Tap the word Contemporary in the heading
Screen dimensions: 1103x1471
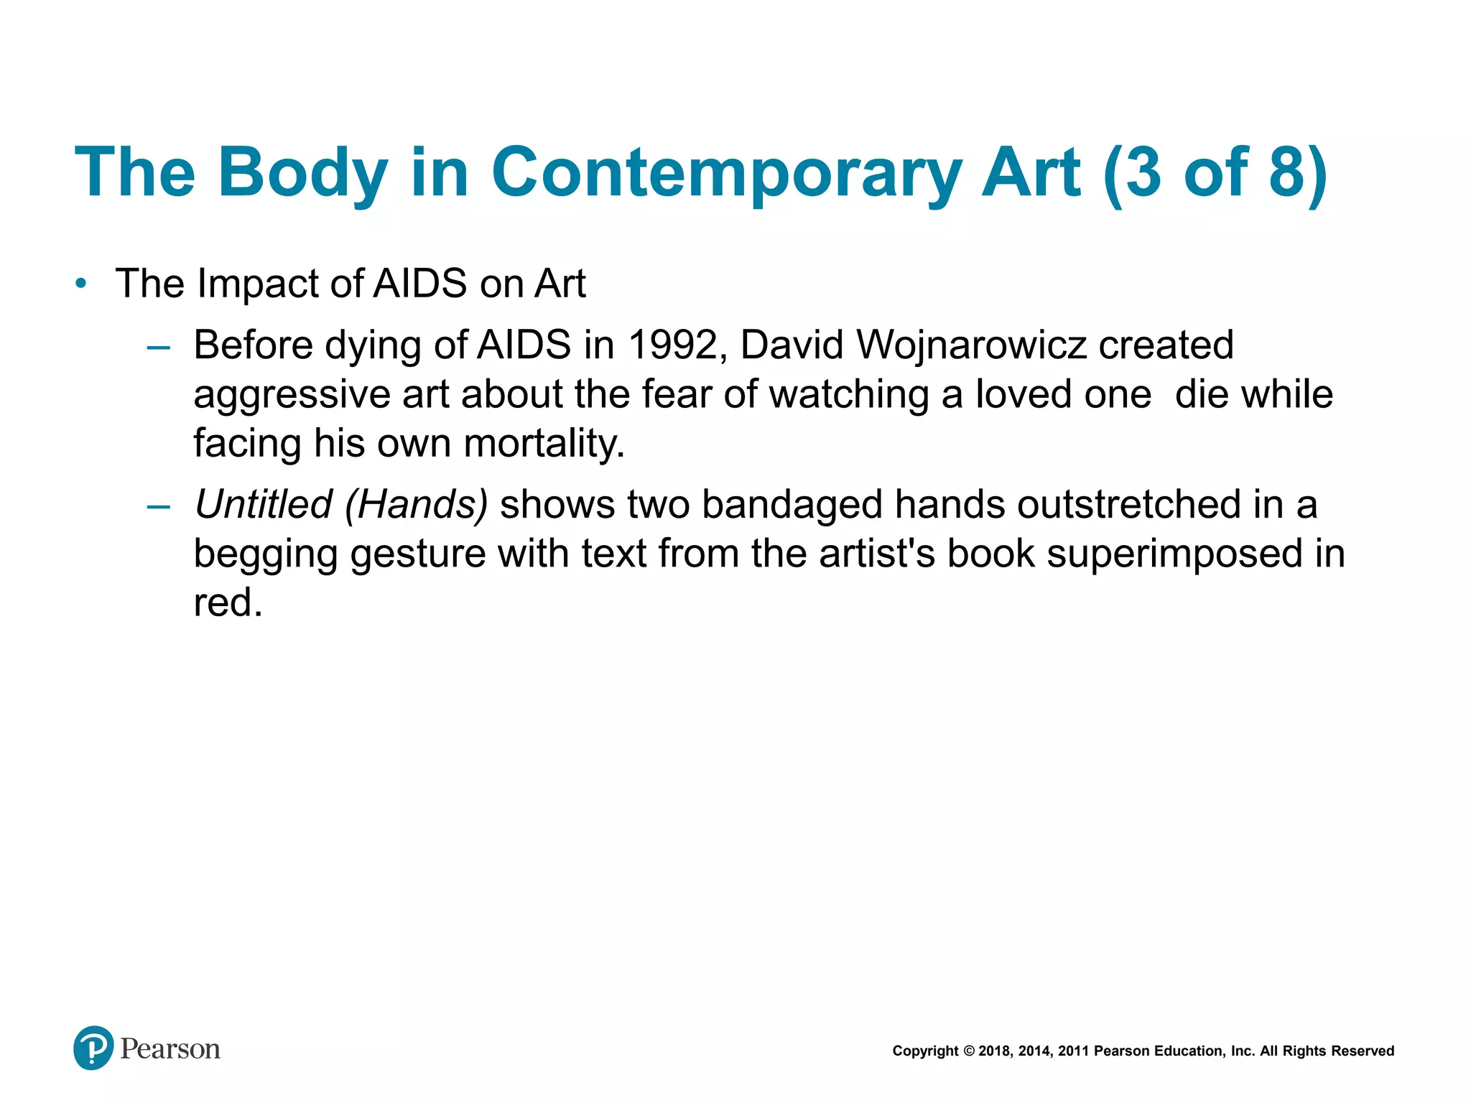pos(726,173)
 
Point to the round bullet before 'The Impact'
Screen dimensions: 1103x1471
pos(81,284)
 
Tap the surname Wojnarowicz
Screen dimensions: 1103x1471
pos(970,345)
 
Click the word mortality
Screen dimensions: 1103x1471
pos(544,443)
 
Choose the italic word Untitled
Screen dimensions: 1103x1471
pos(263,504)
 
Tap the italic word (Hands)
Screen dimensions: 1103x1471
pos(417,504)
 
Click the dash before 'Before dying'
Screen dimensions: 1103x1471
pos(158,348)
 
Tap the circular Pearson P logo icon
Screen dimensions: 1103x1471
pos(93,1048)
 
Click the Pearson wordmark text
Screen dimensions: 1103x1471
pos(170,1049)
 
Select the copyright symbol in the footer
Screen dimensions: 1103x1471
pos(968,1051)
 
